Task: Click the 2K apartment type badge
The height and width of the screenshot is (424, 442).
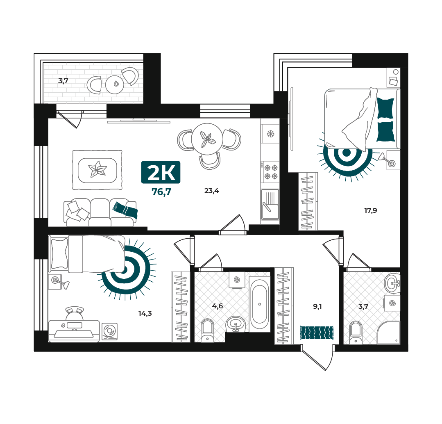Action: coord(161,172)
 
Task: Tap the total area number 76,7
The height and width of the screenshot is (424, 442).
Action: coord(161,192)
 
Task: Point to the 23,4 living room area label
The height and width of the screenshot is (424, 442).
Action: coord(212,191)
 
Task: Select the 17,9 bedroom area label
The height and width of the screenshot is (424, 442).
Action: coord(371,210)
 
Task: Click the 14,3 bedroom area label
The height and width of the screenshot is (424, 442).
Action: coord(145,313)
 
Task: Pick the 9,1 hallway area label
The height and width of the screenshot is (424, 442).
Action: coord(317,306)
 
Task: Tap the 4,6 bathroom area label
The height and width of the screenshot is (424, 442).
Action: coord(218,306)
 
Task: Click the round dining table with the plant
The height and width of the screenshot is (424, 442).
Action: coord(207,139)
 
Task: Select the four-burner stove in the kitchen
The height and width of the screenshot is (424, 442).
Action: coord(270,172)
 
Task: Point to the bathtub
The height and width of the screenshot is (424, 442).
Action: coord(260,304)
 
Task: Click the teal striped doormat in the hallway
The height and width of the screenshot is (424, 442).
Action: coord(317,333)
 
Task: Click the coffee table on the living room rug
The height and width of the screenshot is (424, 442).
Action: coord(97,170)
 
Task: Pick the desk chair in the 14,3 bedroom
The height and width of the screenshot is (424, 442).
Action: coord(75,313)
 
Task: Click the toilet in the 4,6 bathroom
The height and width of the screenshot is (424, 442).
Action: coord(208,330)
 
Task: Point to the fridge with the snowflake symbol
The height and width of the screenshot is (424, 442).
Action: coord(270,133)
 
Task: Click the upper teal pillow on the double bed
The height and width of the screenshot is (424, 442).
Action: coord(385,108)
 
